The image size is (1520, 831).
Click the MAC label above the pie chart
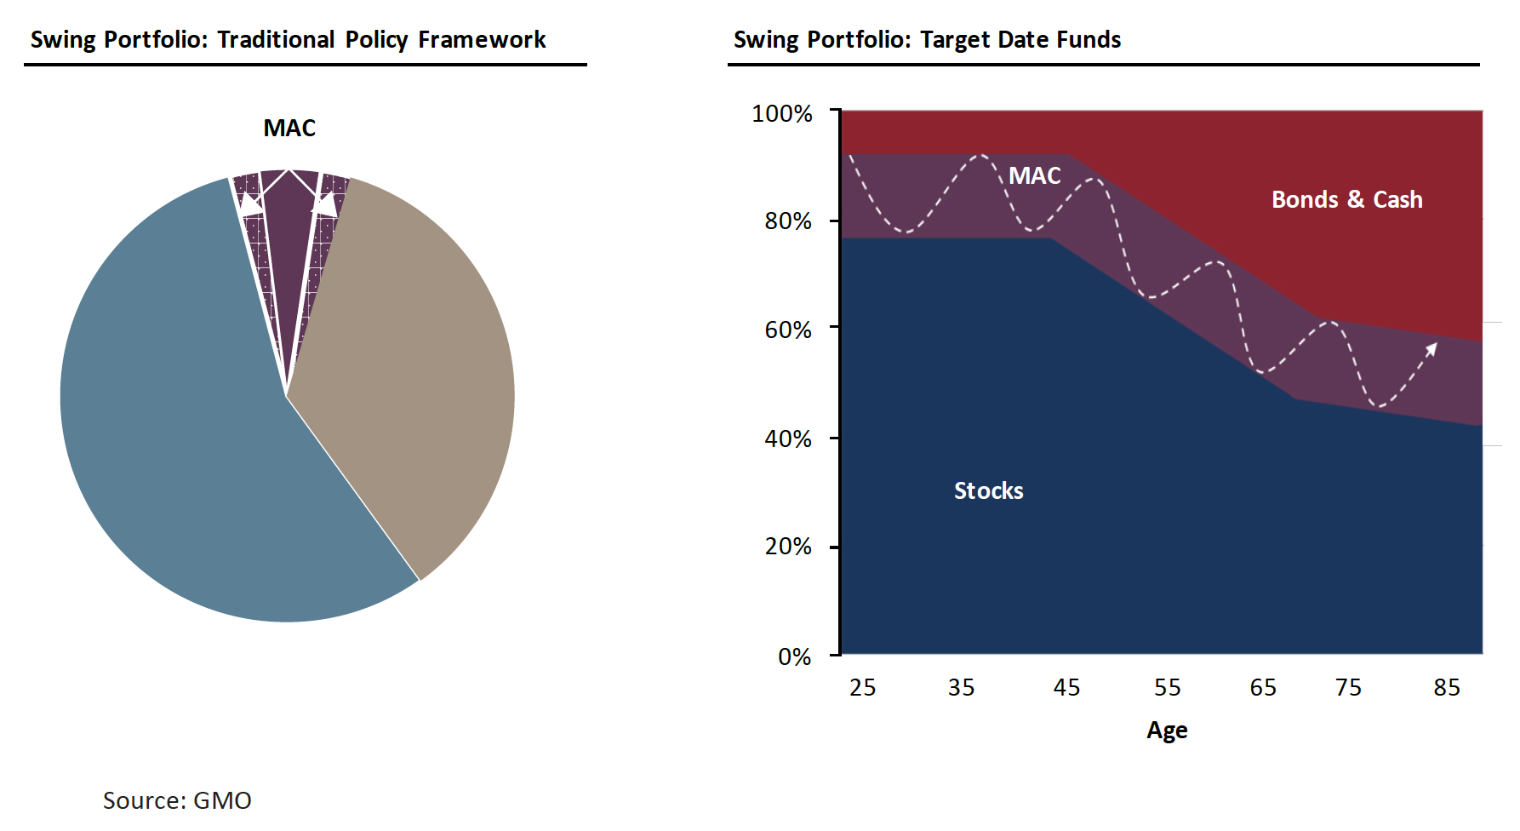pos(289,128)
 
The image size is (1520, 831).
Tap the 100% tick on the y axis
pos(781,113)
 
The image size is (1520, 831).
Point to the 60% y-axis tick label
pos(787,330)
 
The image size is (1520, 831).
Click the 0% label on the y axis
pos(794,656)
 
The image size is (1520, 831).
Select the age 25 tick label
pos(862,687)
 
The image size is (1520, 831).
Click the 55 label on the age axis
pos(1167,687)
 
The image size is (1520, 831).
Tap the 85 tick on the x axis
pos(1446,687)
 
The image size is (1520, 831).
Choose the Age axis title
pos(1167,731)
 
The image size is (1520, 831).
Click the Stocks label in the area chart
pos(988,491)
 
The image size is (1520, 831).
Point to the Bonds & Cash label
pos(1346,199)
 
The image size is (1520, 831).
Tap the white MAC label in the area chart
pos(1034,175)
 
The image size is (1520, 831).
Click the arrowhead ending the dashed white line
pos(1432,347)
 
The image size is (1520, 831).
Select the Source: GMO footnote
pos(177,800)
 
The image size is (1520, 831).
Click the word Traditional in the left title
pos(276,40)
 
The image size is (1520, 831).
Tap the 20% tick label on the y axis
pos(787,547)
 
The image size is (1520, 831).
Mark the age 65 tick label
pos(1263,687)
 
